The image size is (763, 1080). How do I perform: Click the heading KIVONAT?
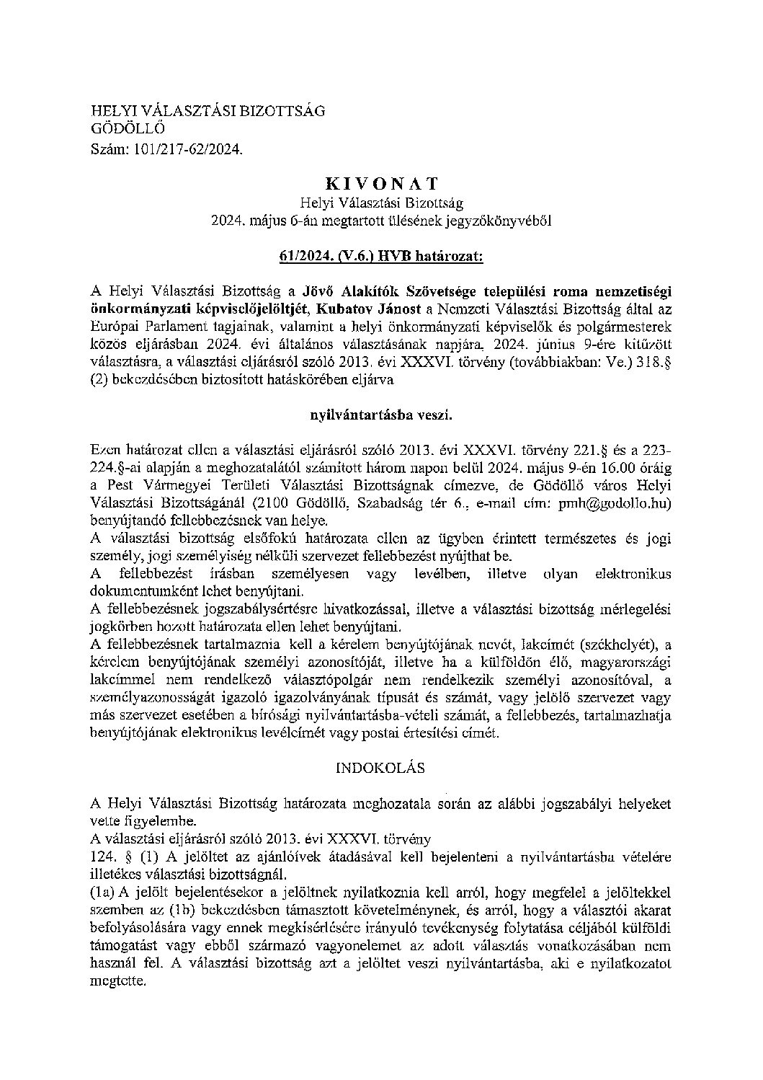(381, 185)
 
